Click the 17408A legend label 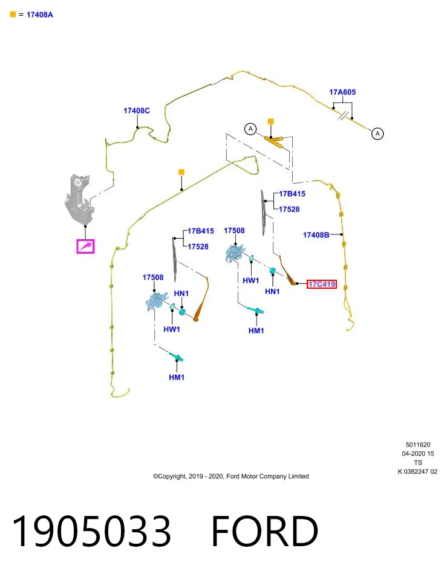[40, 14]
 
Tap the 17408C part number [137, 111]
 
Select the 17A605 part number [342, 92]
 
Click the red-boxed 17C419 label [322, 284]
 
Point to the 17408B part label [316, 235]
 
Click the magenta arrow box [85, 246]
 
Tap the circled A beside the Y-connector [250, 129]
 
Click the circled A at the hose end [377, 134]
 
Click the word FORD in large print [265, 531]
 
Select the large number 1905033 [91, 531]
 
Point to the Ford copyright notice [230, 476]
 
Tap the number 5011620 [418, 445]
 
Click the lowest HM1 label [177, 377]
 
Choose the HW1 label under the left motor [172, 329]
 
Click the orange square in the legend [13, 14]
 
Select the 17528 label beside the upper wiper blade [289, 210]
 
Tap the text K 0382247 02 [417, 472]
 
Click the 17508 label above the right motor [234, 231]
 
